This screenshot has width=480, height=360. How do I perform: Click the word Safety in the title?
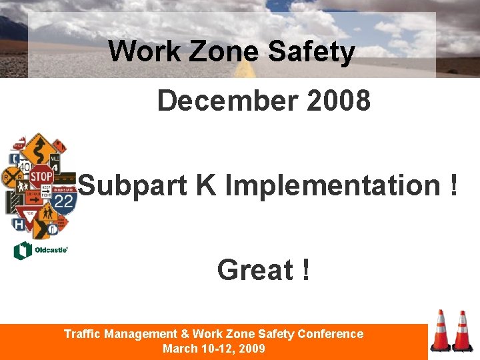(x=311, y=51)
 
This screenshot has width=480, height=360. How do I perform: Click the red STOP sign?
(x=41, y=177)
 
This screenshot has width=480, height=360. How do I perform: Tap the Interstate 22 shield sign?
(x=64, y=199)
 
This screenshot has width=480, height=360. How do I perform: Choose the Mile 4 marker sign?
(x=55, y=163)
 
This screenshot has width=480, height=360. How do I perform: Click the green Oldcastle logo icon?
(x=23, y=251)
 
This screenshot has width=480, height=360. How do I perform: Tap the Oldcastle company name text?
(x=50, y=251)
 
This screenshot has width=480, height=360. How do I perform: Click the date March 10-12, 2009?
(x=213, y=349)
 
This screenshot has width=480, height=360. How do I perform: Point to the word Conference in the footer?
(x=331, y=334)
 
